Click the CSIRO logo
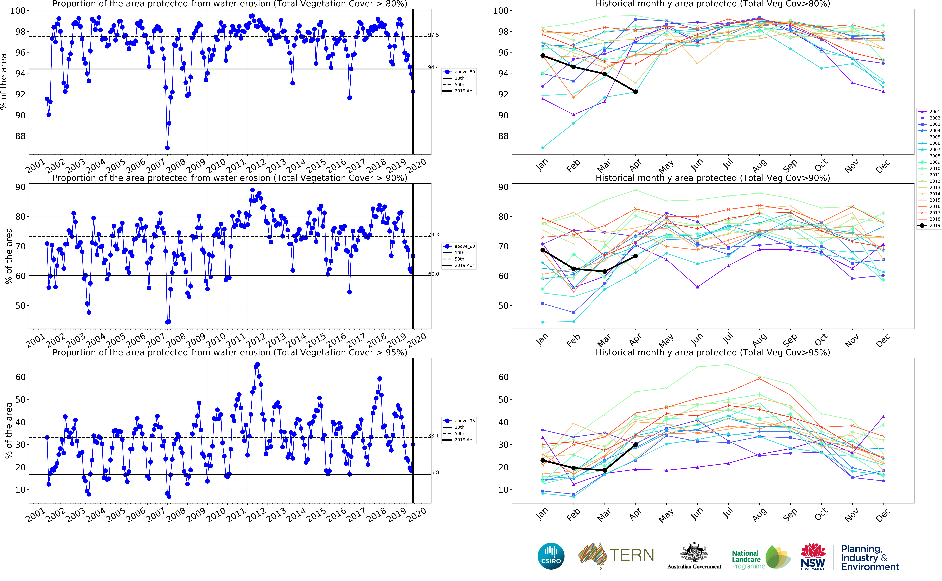click(x=551, y=556)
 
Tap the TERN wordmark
click(x=631, y=555)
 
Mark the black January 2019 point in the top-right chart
click(x=543, y=56)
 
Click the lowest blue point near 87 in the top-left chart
click(x=167, y=148)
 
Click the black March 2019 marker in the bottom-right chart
click(x=605, y=470)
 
